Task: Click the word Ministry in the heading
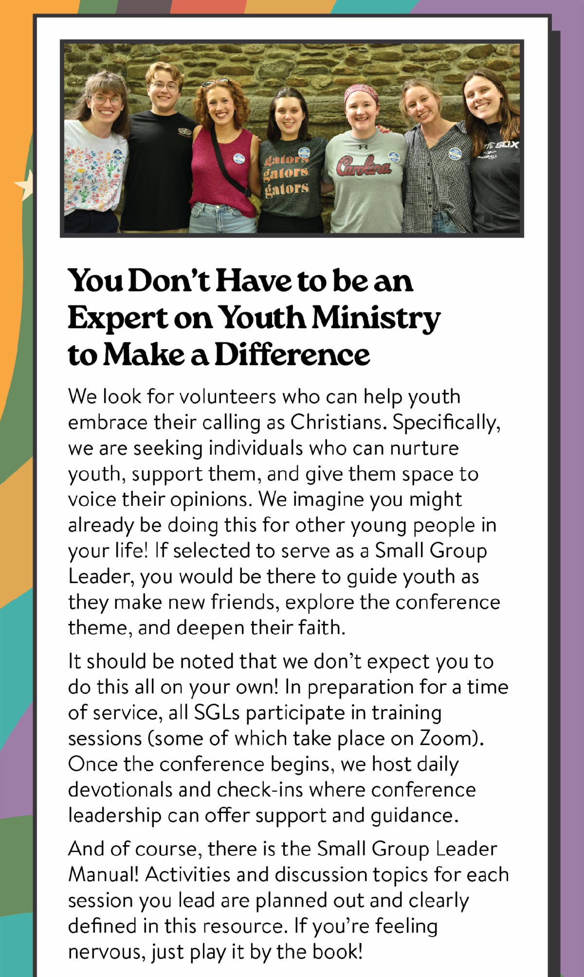tap(376, 318)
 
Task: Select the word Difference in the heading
tap(292, 355)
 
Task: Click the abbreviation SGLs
tap(217, 712)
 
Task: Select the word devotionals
tap(120, 790)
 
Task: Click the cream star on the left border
tap(24, 185)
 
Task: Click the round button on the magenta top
tap(238, 158)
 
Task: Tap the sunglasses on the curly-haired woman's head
tap(216, 82)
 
